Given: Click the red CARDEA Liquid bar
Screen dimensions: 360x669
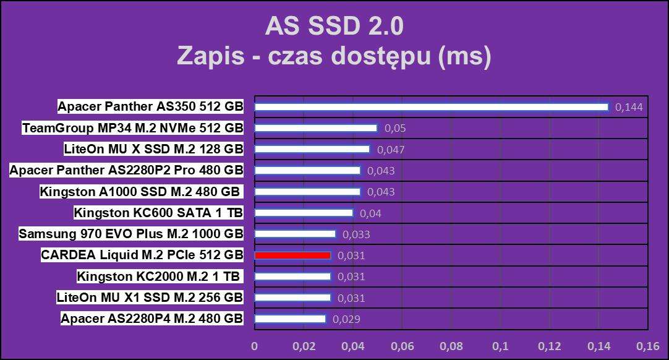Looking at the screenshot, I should click(x=292, y=255).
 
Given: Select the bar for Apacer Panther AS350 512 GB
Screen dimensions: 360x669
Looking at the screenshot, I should click(x=432, y=107).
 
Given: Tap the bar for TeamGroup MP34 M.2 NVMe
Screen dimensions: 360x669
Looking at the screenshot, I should click(x=316, y=128).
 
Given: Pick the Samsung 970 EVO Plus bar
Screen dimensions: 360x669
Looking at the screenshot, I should click(x=295, y=234).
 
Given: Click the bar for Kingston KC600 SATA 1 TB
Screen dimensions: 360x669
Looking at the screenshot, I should click(x=304, y=213).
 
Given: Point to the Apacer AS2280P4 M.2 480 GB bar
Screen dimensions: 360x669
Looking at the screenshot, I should click(x=290, y=319).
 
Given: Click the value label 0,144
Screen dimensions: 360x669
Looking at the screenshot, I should click(x=629, y=108).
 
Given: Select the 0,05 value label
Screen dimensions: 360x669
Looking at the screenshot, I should click(x=395, y=129).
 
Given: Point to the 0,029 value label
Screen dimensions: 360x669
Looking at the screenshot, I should click(x=346, y=319).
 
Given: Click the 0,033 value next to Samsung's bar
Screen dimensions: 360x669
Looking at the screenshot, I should click(x=356, y=234).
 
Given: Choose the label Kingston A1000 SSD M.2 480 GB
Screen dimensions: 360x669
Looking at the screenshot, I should click(x=140, y=192).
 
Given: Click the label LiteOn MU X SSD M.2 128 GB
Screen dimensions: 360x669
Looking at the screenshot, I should click(x=153, y=149).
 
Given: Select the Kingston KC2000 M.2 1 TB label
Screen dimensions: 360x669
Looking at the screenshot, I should click(x=159, y=276).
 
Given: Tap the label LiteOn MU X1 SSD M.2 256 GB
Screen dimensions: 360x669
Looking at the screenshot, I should click(x=150, y=297).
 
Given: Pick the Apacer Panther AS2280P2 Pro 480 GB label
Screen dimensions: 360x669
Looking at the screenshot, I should click(x=126, y=170).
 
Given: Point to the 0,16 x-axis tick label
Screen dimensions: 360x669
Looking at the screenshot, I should click(x=648, y=346).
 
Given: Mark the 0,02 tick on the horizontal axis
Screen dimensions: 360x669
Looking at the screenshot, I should click(x=303, y=346).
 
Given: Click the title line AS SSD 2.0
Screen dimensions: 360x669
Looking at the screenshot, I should click(x=334, y=27).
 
